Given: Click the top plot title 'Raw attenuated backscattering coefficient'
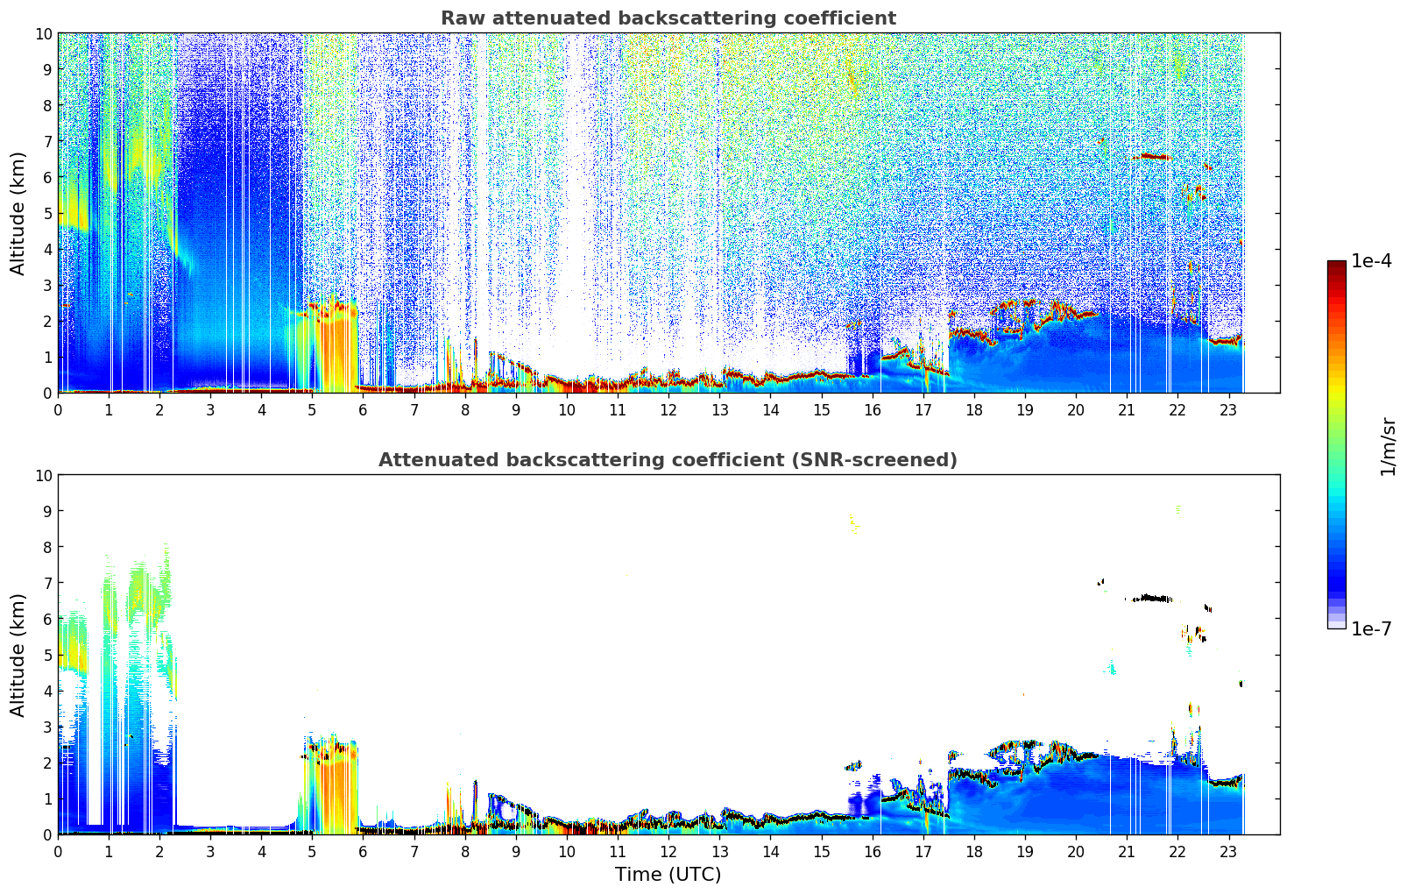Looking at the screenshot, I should click(668, 18).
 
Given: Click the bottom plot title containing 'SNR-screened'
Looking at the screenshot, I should click(668, 460).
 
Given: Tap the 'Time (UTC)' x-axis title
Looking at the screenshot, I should click(668, 875).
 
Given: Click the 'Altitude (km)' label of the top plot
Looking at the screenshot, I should click(18, 213).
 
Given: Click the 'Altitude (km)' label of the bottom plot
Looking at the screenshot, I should click(18, 655).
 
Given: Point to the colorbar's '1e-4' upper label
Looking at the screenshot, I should click(1370, 261).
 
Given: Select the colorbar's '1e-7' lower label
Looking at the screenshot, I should click(1370, 628).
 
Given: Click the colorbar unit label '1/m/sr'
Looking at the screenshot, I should click(1387, 445).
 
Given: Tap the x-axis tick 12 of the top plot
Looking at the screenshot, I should click(668, 409).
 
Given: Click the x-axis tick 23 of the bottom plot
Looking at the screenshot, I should click(1228, 851).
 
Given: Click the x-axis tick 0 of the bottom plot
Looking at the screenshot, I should click(59, 851).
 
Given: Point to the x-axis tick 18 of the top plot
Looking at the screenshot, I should click(974, 409).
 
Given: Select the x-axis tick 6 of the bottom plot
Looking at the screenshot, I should click(364, 851).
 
